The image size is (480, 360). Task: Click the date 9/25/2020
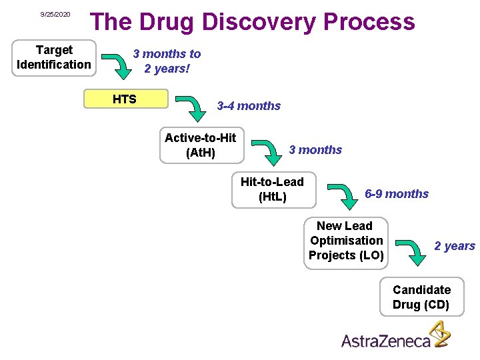pos(55,14)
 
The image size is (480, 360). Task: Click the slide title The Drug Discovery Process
pos(253,22)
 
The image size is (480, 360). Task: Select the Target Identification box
pos(54,57)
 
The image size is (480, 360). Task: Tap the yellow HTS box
pos(125,99)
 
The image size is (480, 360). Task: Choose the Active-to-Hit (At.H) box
pos(201,145)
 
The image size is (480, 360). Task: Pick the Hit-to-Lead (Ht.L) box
pos(272,189)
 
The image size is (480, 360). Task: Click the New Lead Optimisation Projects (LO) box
pos(345,241)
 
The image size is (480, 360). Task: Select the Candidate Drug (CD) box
pos(421,297)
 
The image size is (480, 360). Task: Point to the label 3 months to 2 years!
pos(167,61)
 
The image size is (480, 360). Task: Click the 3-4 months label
pos(249,106)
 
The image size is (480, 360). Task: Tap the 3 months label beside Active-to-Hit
pos(315,150)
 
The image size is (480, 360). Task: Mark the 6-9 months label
pos(397,194)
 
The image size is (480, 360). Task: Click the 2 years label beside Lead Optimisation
pos(455,246)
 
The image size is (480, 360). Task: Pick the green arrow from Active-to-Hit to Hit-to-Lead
pos(268,152)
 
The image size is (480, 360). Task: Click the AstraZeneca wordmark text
pos(386,341)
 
